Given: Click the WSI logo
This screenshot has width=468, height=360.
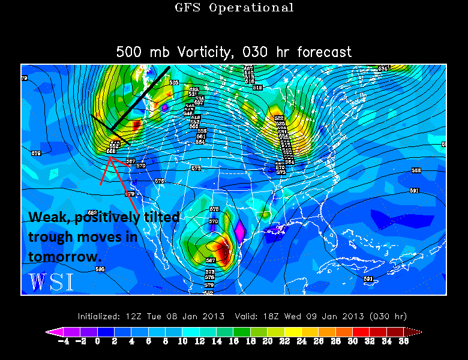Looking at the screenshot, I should (51, 281).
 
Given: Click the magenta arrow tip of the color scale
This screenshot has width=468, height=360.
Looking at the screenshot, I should (50, 331).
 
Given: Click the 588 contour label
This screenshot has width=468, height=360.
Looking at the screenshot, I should (416, 170).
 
